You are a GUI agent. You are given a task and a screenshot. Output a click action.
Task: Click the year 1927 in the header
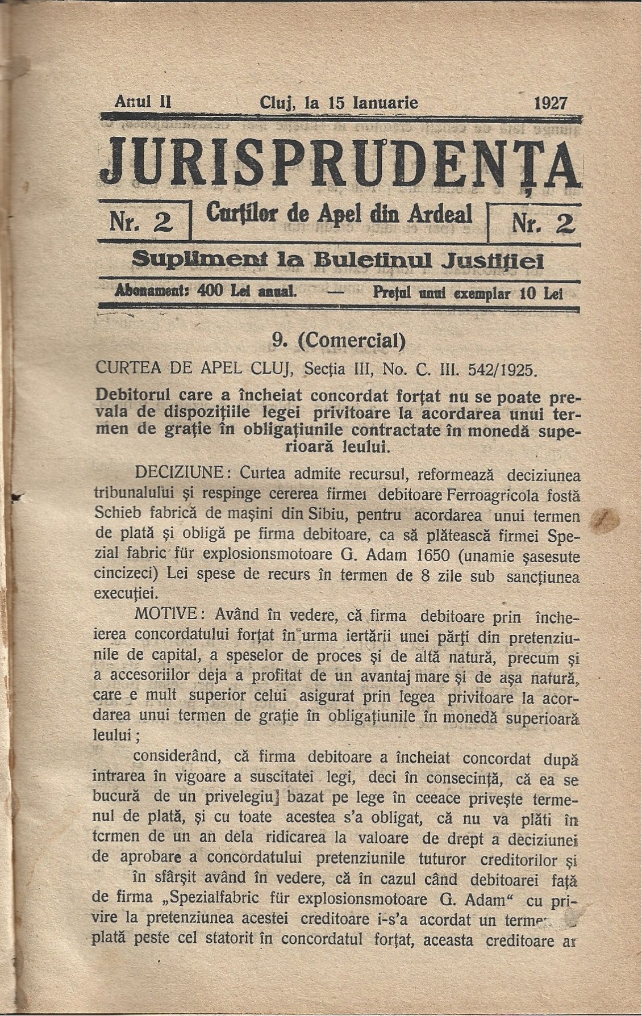[551, 103]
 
